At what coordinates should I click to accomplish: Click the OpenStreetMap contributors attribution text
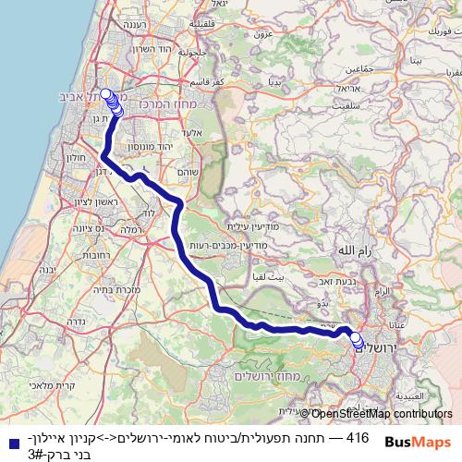[x=383, y=414]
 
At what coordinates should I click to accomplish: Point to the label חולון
[x=77, y=158]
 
